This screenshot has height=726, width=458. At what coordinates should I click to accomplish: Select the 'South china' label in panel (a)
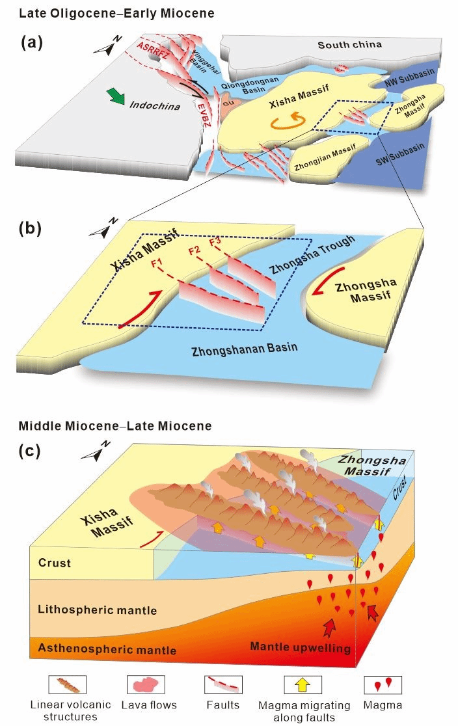point(349,45)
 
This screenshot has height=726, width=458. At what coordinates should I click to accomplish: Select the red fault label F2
point(193,251)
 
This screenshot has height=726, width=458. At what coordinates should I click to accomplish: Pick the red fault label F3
point(215,243)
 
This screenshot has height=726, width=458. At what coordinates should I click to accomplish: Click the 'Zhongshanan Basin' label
point(244,349)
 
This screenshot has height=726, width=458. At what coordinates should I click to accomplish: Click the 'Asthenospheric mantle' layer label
point(107,649)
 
